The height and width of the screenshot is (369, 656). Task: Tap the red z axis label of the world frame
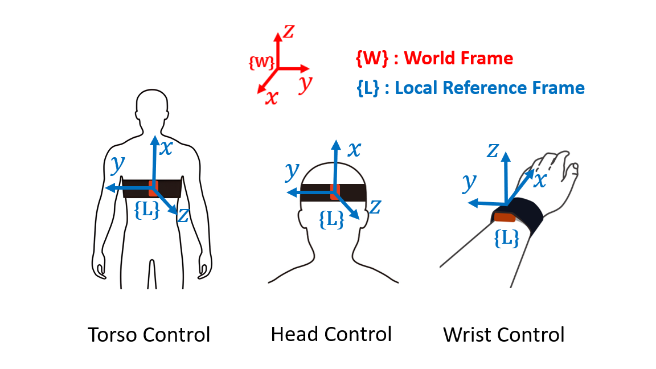[289, 32]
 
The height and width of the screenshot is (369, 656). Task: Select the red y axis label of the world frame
[306, 84]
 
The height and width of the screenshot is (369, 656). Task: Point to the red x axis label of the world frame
[272, 98]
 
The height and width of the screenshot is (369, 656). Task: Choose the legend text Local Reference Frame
[489, 88]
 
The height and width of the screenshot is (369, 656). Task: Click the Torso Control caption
[149, 334]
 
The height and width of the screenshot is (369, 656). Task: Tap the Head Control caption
[331, 334]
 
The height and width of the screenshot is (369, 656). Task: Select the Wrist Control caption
[504, 334]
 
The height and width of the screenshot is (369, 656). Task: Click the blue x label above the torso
[166, 148]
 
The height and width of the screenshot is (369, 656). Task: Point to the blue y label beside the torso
[118, 164]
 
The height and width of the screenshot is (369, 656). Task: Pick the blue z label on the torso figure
[183, 215]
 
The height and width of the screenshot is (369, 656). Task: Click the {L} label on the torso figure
[147, 209]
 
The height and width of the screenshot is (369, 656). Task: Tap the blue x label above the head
[354, 149]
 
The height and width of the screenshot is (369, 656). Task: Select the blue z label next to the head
[374, 207]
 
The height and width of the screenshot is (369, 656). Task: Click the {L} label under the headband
[331, 219]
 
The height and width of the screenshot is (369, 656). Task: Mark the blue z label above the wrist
[493, 150]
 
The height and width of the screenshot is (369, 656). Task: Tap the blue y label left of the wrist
[469, 182]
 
